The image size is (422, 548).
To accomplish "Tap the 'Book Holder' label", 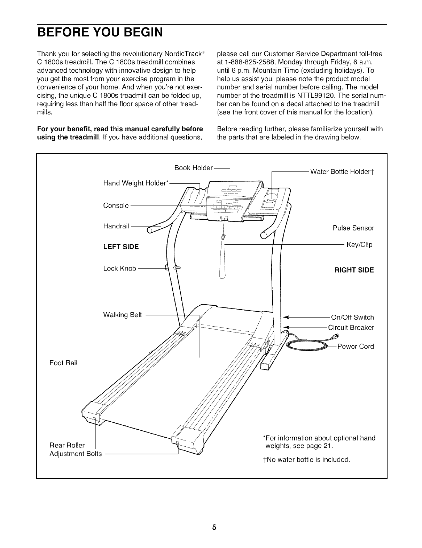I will pos(194,168).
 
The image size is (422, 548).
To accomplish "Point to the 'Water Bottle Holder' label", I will pos(342,172).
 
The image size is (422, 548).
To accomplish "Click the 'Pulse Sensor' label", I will pos(353,228).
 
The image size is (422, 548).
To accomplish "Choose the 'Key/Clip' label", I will pos(359,245).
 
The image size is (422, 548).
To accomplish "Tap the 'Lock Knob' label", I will pos(119,268).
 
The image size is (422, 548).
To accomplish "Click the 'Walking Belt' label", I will pos(123,315).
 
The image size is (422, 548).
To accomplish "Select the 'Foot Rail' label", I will pos(63,363).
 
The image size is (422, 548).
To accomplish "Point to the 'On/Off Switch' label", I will pos(352,318).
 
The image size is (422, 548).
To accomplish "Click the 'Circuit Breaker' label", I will pos(351,328).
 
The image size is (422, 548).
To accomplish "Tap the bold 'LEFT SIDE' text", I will pos(121,247).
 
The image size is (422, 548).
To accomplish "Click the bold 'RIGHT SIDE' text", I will pos(354,270).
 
